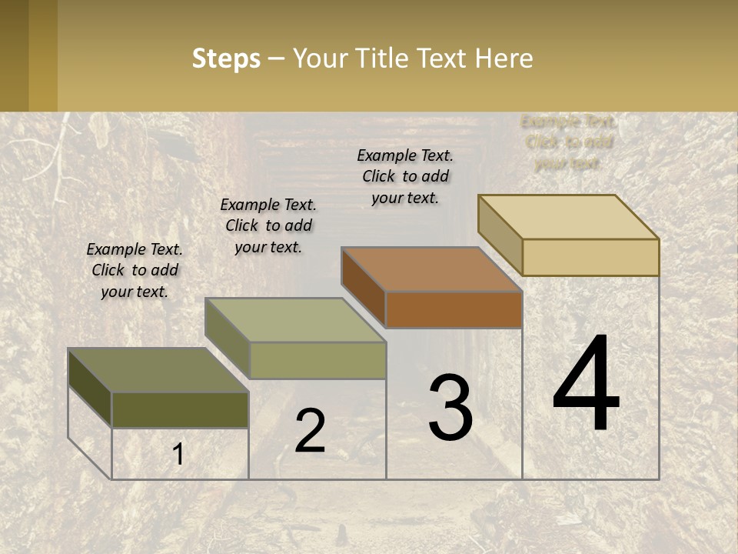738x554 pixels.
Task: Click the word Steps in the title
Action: point(226,58)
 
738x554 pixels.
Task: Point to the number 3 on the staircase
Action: point(450,408)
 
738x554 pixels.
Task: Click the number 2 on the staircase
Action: point(310,431)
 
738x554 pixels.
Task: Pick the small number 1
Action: point(178,455)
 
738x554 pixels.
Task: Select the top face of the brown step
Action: point(431,269)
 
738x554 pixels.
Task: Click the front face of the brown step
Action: point(454,310)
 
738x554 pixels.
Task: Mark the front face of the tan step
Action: point(590,257)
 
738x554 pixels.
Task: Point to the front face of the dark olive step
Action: point(180,410)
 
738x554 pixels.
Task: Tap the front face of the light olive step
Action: point(317,360)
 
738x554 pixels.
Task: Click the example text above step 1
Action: point(135,270)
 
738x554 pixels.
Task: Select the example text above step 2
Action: point(268,225)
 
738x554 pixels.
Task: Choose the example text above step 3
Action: point(405,176)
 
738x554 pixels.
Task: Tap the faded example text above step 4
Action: point(568,142)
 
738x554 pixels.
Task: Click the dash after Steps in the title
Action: point(276,59)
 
